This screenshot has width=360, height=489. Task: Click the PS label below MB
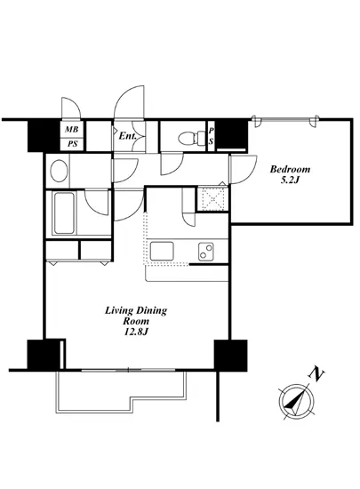71,144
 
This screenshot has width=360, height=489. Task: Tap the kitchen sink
165,252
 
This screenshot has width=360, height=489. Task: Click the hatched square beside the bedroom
212,198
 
